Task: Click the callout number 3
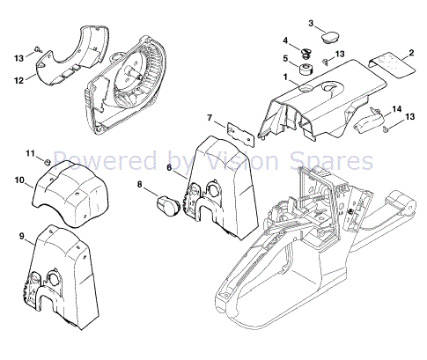click(x=312, y=22)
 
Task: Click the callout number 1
click(x=285, y=77)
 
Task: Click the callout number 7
click(x=210, y=118)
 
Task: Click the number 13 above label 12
click(x=18, y=57)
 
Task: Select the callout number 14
click(x=397, y=109)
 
